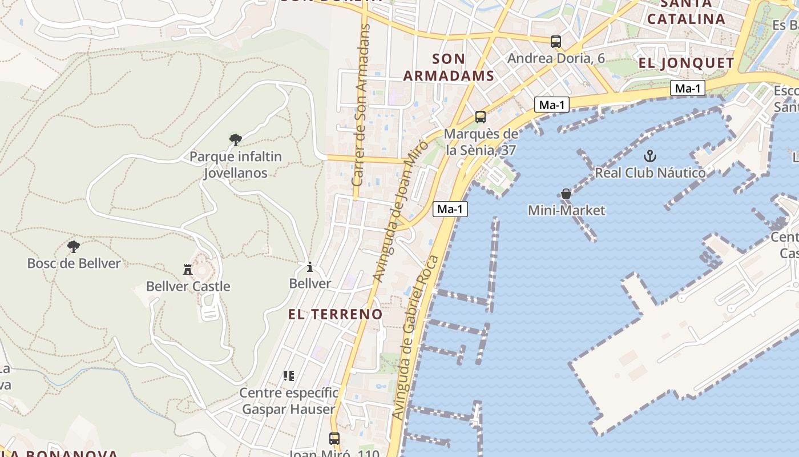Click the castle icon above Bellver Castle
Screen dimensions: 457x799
pos(187,269)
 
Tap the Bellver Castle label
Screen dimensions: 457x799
pos(188,286)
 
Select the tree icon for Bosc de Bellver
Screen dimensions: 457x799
pos(73,247)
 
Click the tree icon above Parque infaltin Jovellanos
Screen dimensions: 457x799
pos(235,139)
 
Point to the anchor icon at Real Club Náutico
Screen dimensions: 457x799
pos(649,155)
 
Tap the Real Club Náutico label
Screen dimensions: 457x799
pos(650,173)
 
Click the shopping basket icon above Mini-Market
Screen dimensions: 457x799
pos(566,194)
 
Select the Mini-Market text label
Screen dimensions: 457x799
pos(566,210)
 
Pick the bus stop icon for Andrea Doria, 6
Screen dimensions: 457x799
pos(556,41)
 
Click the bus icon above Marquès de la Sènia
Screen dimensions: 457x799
pos(481,117)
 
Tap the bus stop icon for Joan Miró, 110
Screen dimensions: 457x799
pos(334,439)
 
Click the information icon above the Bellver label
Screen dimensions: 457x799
pos(310,267)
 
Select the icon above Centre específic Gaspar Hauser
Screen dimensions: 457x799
pos(289,376)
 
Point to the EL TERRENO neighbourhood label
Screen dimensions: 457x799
pos(335,314)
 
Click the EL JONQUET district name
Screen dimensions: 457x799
pos(686,63)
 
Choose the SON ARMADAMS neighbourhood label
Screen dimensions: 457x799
pos(449,67)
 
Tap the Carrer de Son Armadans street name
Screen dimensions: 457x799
pos(362,105)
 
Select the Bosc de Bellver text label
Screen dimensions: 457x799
pos(74,263)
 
